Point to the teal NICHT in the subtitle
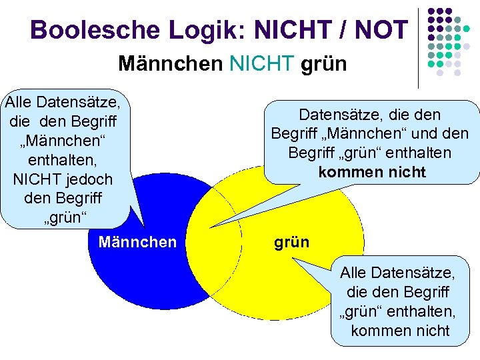pyautogui.click(x=262, y=64)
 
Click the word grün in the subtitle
pyautogui.click(x=324, y=64)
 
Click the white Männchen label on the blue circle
pyautogui.click(x=137, y=241)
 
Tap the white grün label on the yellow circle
pyautogui.click(x=291, y=241)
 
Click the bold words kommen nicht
pyautogui.click(x=372, y=172)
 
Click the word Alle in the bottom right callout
pyautogui.click(x=356, y=273)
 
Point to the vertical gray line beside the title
pyautogui.click(x=418, y=47)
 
